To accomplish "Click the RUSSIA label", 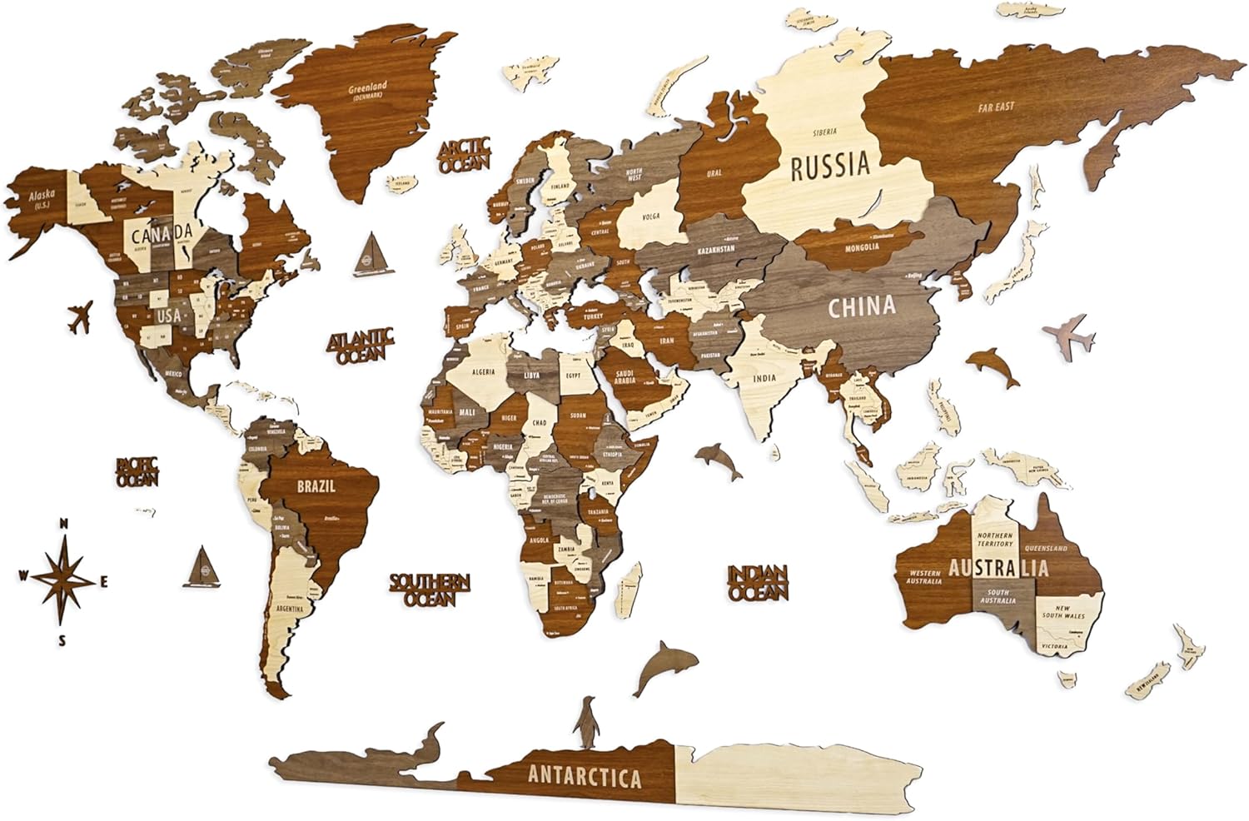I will point(829,165).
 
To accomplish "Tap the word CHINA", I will point(861,307).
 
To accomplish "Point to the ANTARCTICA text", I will point(585,777).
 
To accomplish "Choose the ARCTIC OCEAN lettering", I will point(465,157).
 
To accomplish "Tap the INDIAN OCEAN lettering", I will point(758,583).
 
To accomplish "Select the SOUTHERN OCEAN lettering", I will point(430,589).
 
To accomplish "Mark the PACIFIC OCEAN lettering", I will point(137,471).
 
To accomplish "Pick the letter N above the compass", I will point(62,524).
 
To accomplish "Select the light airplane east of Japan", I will point(1068,336).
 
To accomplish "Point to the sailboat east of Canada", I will point(369,251).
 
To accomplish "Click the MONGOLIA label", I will point(862,246).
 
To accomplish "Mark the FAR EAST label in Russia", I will point(996,107).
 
